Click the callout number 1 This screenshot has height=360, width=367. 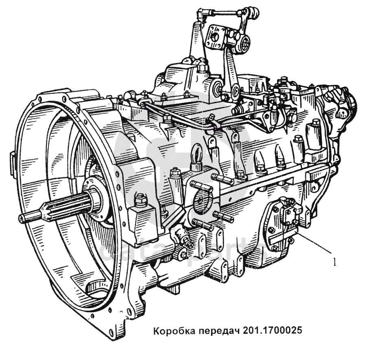point(335,262)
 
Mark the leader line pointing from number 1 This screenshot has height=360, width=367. point(314,243)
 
